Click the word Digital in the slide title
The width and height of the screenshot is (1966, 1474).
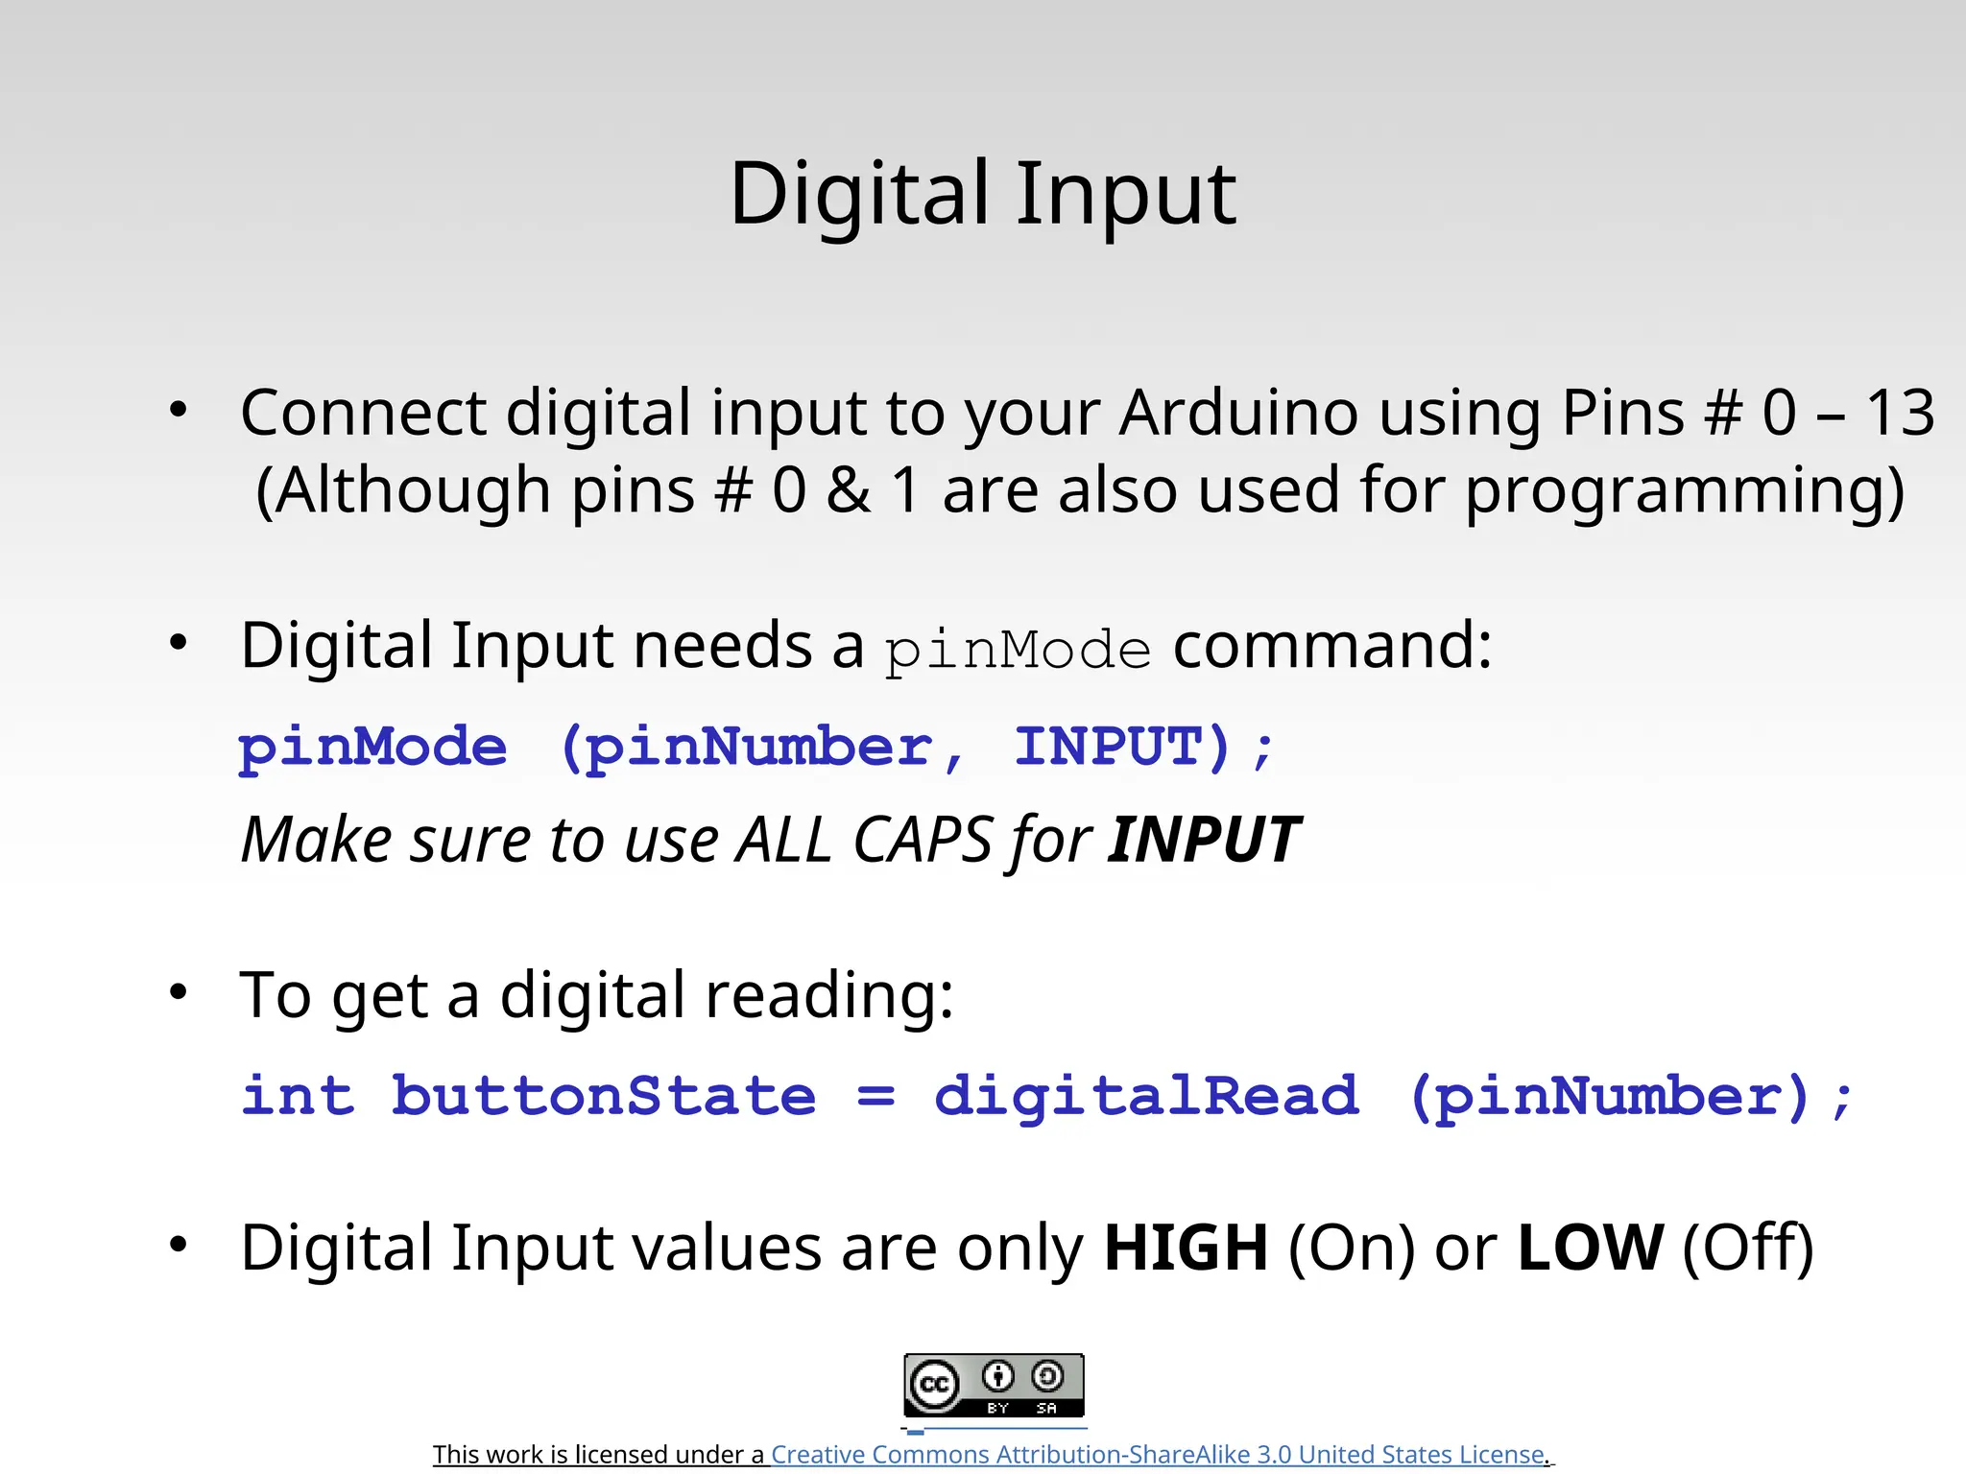859,195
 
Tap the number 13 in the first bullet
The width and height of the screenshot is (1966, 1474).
1899,414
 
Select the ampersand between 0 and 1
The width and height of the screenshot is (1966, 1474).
849,490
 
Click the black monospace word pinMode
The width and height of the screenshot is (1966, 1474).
1018,651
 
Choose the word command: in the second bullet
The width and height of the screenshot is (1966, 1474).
1332,645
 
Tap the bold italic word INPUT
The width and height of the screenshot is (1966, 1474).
1204,841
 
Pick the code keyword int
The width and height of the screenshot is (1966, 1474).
298,1096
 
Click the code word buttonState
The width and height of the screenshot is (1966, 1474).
604,1096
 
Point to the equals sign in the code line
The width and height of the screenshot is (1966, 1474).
875,1096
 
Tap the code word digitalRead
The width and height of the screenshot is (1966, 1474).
1146,1096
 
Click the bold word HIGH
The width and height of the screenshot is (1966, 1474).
1187,1248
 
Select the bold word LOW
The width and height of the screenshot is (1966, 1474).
1591,1248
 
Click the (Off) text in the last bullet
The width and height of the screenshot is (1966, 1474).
1748,1248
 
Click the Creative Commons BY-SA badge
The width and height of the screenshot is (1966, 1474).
994,1385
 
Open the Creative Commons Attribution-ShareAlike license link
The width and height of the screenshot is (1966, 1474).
1158,1455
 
